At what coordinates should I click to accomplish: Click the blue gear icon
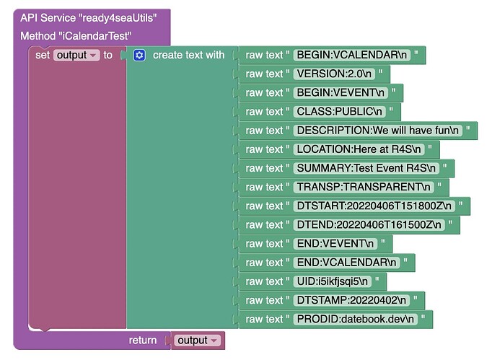pos(139,56)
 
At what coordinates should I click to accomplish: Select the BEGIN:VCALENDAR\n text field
pos(352,55)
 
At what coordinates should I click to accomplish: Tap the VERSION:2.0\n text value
pos(334,74)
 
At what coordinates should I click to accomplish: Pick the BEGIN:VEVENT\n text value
pos(341,92)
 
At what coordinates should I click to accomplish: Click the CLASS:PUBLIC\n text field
pos(339,111)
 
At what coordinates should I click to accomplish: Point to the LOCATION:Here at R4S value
pos(359,149)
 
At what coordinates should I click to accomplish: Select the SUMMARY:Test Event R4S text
pos(366,168)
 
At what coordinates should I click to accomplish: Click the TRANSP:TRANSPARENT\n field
pos(364,187)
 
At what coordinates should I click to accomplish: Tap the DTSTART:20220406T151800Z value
pos(374,206)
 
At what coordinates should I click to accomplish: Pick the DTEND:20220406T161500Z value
pos(369,224)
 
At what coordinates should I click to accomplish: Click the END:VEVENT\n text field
pos(335,244)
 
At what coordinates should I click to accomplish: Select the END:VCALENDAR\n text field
pos(346,263)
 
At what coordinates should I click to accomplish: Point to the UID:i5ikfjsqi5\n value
pos(333,281)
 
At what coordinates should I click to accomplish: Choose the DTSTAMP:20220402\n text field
pos(351,300)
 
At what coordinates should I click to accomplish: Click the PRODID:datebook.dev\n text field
pos(355,319)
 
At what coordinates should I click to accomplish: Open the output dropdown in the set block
pos(76,56)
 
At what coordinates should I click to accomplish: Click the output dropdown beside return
pos(198,341)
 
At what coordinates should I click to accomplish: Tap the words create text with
pos(188,56)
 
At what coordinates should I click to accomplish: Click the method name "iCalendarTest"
pos(95,36)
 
